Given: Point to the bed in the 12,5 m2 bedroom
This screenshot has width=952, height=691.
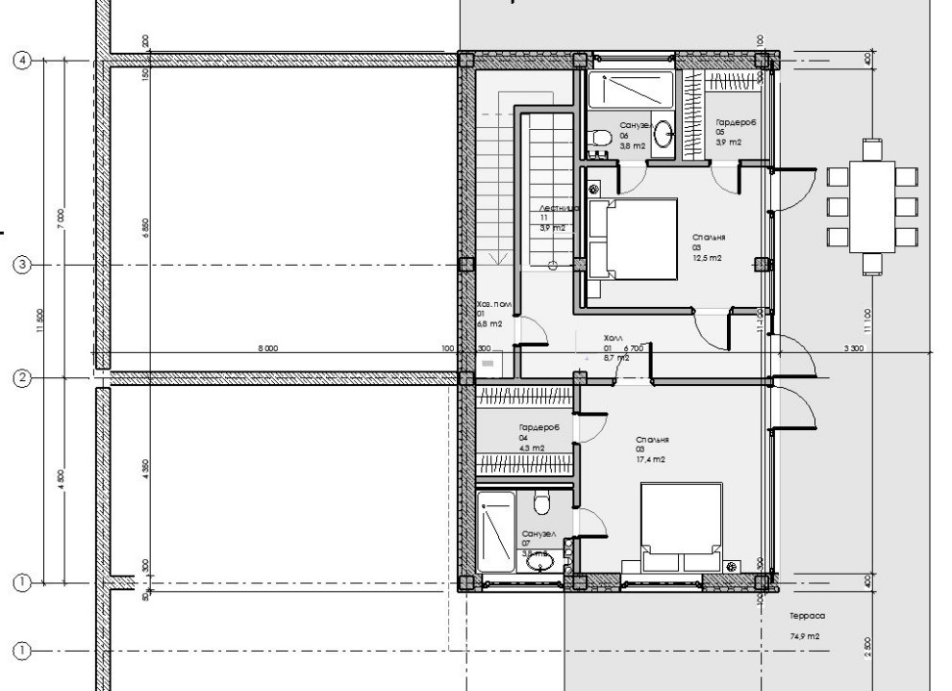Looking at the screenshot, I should coord(631,240).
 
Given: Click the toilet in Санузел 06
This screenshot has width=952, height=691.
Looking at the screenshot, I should coord(601,140).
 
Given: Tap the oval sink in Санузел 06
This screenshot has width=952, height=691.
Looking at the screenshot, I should coord(664,137).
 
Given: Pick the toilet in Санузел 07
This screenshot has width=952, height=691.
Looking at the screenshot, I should coord(539,504).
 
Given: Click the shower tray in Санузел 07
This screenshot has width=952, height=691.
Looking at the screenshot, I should coord(497,530).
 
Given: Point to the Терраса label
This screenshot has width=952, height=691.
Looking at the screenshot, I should coord(807,615).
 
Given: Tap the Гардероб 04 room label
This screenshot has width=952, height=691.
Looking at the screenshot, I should coord(539,427).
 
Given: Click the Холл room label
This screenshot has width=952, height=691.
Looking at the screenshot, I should coord(614,339).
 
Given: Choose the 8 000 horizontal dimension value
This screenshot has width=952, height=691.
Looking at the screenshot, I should coord(267,348).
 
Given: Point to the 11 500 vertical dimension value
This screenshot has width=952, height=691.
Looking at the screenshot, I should coord(41,320).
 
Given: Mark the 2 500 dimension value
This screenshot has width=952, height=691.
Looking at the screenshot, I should coord(868,644).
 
